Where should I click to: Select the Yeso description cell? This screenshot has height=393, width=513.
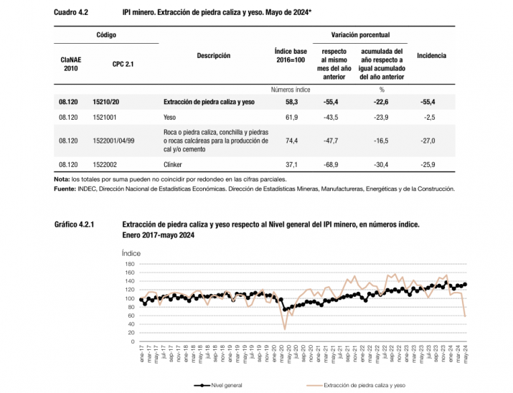click(171, 116)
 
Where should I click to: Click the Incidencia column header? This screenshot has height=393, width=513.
click(431, 55)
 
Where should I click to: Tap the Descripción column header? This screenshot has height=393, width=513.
click(214, 55)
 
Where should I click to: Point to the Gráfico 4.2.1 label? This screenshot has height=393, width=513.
click(74, 224)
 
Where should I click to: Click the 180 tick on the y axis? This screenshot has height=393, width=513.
click(130, 264)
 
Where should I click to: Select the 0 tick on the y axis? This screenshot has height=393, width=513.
click(133, 342)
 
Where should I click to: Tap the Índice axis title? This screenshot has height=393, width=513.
click(131, 253)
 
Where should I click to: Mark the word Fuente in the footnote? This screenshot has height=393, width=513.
click(65, 189)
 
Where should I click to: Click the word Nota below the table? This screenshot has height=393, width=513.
click(62, 179)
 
